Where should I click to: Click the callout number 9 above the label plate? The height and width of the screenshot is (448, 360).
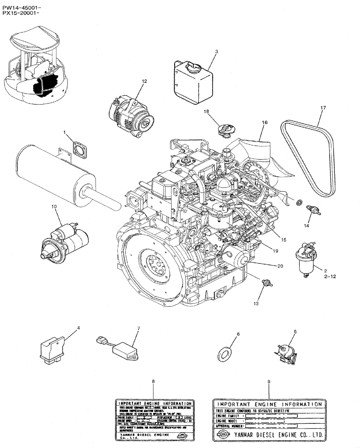[268, 381]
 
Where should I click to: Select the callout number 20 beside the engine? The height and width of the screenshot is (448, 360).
[280, 266]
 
